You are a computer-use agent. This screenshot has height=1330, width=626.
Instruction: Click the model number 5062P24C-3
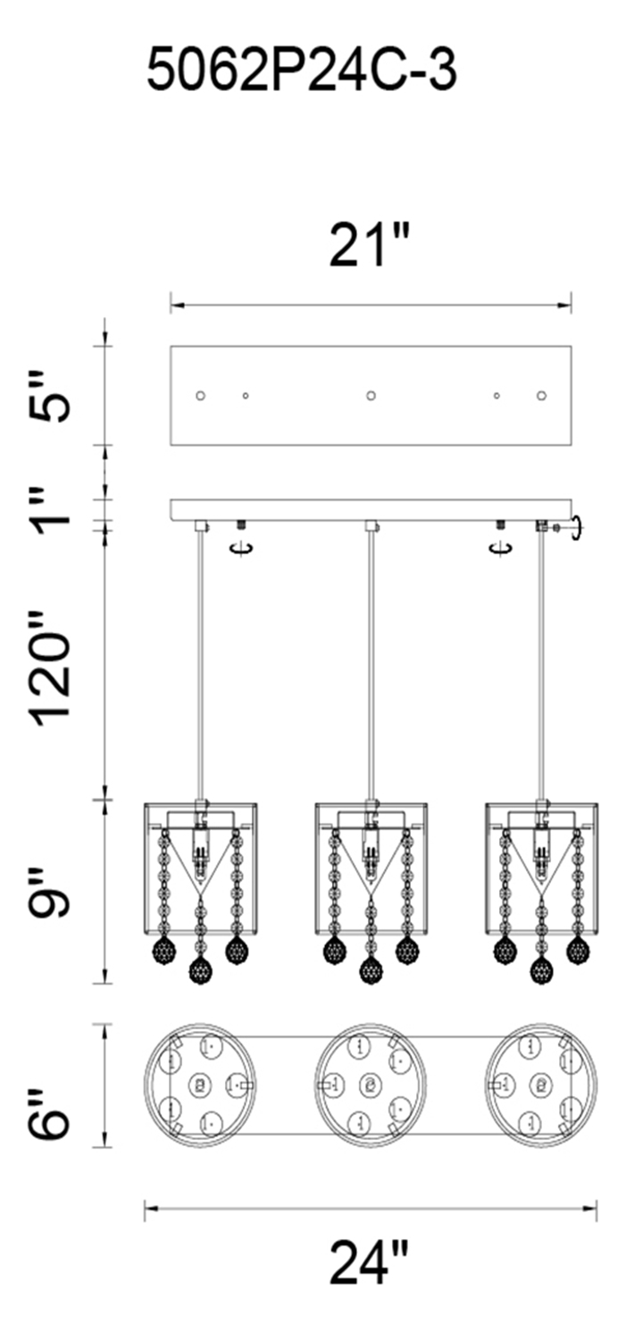tap(302, 71)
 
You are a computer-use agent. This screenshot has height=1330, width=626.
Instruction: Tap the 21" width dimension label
tap(370, 245)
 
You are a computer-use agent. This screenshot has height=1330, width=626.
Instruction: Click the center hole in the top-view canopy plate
tap(371, 395)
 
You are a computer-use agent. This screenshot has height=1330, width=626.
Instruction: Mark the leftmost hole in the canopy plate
tap(201, 395)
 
